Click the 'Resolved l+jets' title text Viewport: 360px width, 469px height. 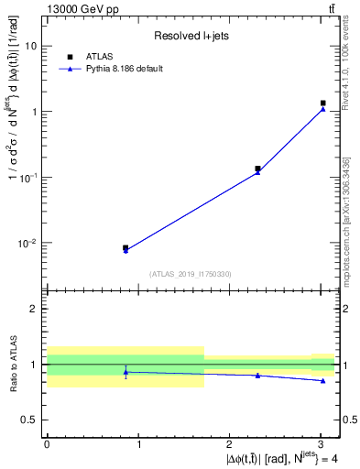tap(190, 36)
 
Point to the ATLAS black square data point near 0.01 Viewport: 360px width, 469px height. tap(125, 247)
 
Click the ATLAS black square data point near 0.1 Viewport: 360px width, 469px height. tap(257, 169)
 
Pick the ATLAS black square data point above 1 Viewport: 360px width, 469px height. tap(322, 104)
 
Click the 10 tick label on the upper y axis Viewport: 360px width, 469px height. tap(30, 46)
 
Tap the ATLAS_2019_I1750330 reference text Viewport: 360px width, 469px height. tap(190, 274)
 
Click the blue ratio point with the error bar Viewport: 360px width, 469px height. tap(125, 372)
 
